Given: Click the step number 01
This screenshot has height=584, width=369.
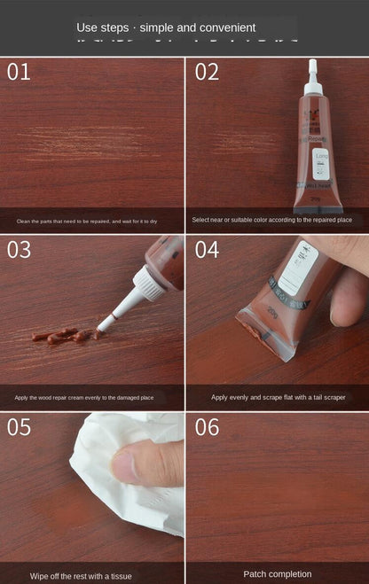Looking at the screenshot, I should click(x=19, y=73).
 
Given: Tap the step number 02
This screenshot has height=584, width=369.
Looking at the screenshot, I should click(x=207, y=73).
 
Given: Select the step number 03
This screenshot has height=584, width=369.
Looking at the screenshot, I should click(x=20, y=250).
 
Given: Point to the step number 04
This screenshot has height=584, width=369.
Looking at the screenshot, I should click(x=207, y=250).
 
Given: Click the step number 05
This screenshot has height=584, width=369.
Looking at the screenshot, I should click(x=20, y=427).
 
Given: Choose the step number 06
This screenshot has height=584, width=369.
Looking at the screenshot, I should click(x=207, y=427).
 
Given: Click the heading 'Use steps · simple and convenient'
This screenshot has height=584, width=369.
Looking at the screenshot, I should click(x=166, y=27).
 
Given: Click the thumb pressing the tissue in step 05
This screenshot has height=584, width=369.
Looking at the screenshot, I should click(x=142, y=463).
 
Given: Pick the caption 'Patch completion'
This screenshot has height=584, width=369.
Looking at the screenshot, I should click(x=278, y=574).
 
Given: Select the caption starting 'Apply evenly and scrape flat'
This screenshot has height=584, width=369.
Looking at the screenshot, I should click(x=278, y=398).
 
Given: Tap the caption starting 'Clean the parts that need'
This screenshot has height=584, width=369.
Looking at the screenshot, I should click(x=87, y=221).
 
